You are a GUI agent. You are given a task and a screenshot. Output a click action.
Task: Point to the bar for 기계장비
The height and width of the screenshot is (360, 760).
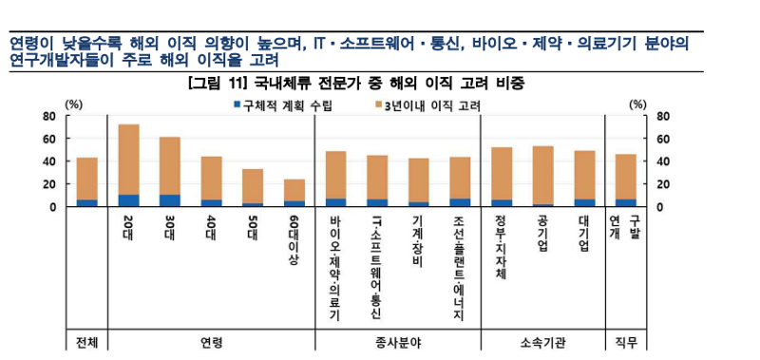tap(418, 181)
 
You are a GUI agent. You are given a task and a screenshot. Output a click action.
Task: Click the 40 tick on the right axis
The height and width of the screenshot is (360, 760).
tap(663, 161)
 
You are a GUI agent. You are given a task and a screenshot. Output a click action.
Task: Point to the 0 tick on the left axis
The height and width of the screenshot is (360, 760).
tap(54, 206)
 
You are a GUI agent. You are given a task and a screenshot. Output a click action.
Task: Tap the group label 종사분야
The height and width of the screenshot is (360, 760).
tap(398, 341)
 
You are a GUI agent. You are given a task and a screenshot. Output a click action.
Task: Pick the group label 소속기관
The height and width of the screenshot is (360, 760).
tap(542, 341)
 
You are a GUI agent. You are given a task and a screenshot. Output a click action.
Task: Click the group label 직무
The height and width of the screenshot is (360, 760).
tap(626, 341)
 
